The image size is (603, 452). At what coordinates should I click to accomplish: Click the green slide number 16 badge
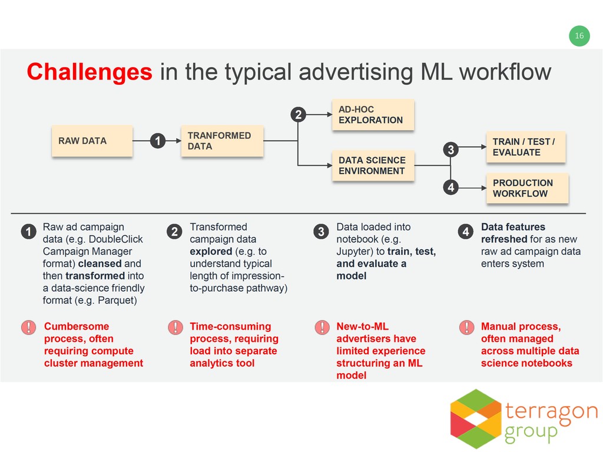pyautogui.click(x=579, y=36)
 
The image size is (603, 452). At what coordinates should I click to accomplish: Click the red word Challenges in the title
pyautogui.click(x=89, y=72)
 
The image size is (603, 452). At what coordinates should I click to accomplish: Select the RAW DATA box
pyautogui.click(x=92, y=141)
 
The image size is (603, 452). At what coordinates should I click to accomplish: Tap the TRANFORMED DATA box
pyautogui.click(x=221, y=141)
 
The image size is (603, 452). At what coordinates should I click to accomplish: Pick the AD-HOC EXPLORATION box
pyautogui.click(x=373, y=115)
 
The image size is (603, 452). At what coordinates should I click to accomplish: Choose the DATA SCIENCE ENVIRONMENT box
pyautogui.click(x=373, y=165)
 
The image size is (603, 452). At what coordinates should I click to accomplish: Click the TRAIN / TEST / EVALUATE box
pyautogui.click(x=525, y=147)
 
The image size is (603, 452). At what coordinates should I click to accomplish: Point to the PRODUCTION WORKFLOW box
pyautogui.click(x=527, y=188)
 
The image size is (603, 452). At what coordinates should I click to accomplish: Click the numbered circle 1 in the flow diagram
pyautogui.click(x=157, y=141)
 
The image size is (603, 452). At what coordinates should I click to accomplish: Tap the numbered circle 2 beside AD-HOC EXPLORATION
pyautogui.click(x=299, y=115)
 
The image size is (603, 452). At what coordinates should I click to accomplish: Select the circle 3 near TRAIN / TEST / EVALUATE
pyautogui.click(x=450, y=150)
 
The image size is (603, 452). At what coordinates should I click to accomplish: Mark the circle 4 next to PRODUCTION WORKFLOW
pyautogui.click(x=450, y=188)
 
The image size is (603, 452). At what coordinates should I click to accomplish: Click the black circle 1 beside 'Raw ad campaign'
pyautogui.click(x=27, y=232)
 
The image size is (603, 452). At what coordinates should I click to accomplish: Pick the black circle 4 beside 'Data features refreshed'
pyautogui.click(x=466, y=232)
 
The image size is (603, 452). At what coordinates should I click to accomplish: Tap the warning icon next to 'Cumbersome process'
pyautogui.click(x=28, y=327)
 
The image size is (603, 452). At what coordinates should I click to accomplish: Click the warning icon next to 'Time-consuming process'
pyautogui.click(x=174, y=327)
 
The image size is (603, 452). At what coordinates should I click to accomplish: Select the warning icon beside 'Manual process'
pyautogui.click(x=466, y=327)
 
